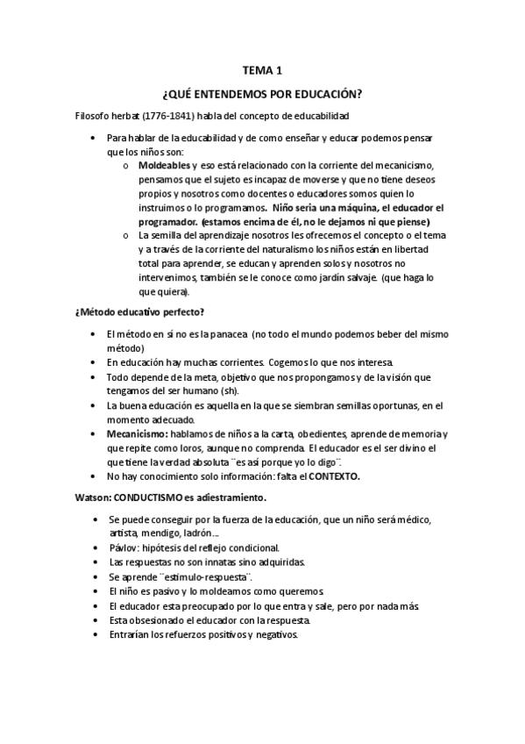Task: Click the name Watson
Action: (92, 497)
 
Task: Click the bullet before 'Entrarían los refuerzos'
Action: (95, 635)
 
